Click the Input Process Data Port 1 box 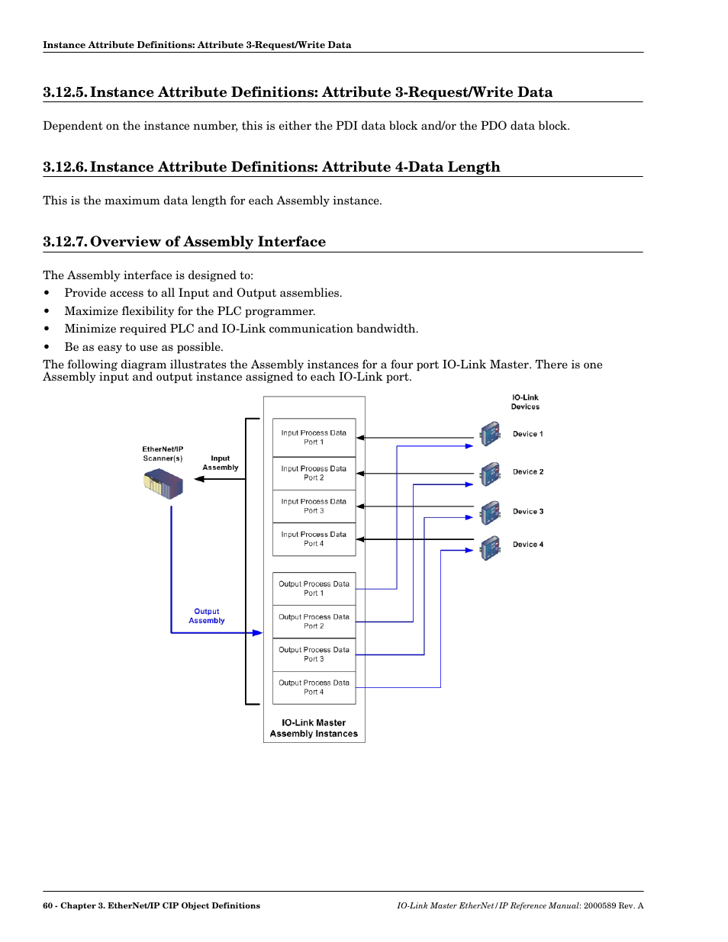tap(314, 437)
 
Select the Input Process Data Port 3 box tap(314, 506)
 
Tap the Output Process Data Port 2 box tap(314, 621)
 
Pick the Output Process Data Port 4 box tap(314, 687)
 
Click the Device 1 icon tap(490, 434)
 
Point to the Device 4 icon tap(490, 547)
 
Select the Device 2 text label tap(528, 472)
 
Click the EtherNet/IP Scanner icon tap(163, 484)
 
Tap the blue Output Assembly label tap(207, 616)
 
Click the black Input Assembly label tap(221, 463)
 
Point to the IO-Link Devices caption tap(525, 402)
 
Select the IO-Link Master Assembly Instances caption tap(314, 728)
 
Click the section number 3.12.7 tap(64, 242)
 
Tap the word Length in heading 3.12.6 tap(474, 167)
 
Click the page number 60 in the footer tap(48, 906)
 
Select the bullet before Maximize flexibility tap(47, 311)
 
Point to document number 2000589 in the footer tap(600, 906)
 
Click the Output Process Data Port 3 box tap(314, 654)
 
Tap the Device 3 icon tap(490, 513)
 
